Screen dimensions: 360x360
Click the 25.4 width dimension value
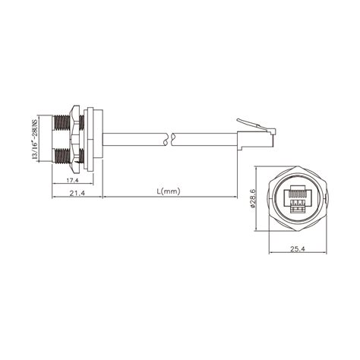pyautogui.click(x=298, y=247)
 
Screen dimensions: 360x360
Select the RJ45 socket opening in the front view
pyautogui.click(x=297, y=198)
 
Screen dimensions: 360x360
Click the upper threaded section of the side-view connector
pyautogui.click(x=60, y=122)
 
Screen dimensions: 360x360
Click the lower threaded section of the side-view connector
pyautogui.click(x=60, y=156)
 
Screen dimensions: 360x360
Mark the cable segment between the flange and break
pyautogui.click(x=133, y=140)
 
